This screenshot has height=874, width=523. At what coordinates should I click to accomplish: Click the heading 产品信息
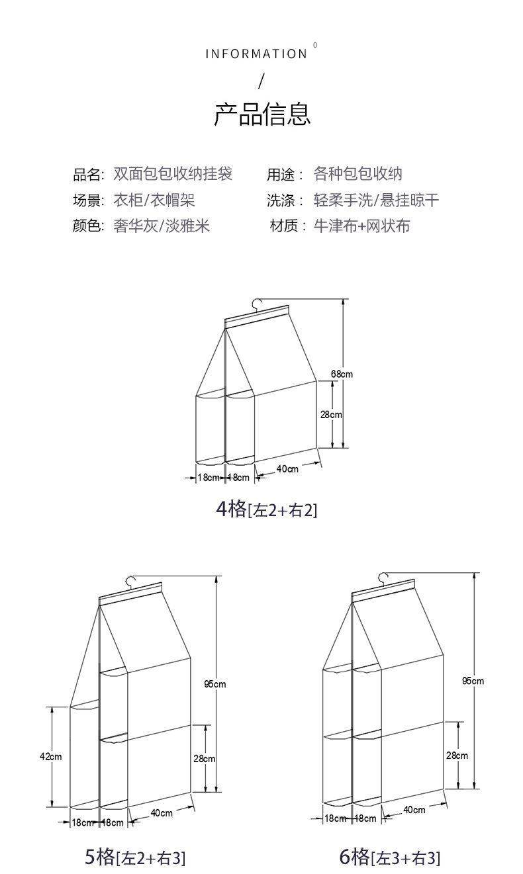point(261,114)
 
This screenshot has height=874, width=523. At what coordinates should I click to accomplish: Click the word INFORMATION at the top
point(256,54)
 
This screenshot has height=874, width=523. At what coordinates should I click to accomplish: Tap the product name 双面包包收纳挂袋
point(173,174)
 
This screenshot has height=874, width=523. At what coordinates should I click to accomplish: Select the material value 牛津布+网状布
point(361,226)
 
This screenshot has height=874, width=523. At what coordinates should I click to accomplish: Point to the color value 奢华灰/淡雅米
point(162,226)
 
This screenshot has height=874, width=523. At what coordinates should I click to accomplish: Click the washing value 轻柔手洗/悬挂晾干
point(375,200)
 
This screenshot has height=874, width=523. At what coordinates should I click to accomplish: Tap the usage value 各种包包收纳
point(357,174)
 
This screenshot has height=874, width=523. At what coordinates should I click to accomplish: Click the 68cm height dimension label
point(342,374)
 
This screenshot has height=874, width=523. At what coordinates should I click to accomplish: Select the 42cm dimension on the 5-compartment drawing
point(51,756)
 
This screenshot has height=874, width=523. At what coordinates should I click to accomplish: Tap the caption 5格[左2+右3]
point(135,857)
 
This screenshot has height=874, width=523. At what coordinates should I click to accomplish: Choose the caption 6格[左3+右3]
point(389,857)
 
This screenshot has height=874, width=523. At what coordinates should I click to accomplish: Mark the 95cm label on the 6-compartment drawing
point(473,680)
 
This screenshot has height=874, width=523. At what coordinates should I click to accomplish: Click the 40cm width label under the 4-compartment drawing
point(287,469)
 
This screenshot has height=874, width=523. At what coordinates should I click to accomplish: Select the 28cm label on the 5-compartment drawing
point(204,759)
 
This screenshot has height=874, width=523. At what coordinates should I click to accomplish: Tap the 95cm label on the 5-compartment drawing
point(214,684)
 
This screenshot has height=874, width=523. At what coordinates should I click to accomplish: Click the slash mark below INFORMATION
point(261,81)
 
